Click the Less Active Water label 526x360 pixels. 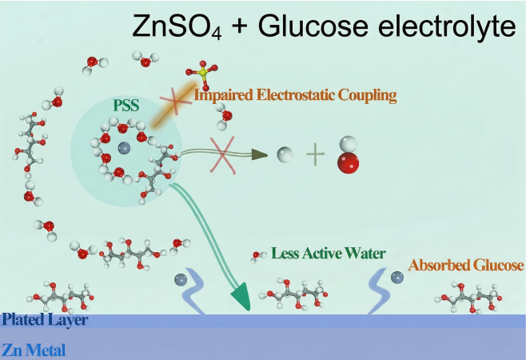[x=329, y=254]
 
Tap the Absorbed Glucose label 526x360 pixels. [x=465, y=265]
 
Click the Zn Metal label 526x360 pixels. [x=33, y=350]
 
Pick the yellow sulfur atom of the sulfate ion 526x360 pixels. [x=203, y=74]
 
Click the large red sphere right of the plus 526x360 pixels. [x=349, y=164]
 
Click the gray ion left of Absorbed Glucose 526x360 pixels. [x=397, y=278]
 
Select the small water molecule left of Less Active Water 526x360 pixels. [x=258, y=255]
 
